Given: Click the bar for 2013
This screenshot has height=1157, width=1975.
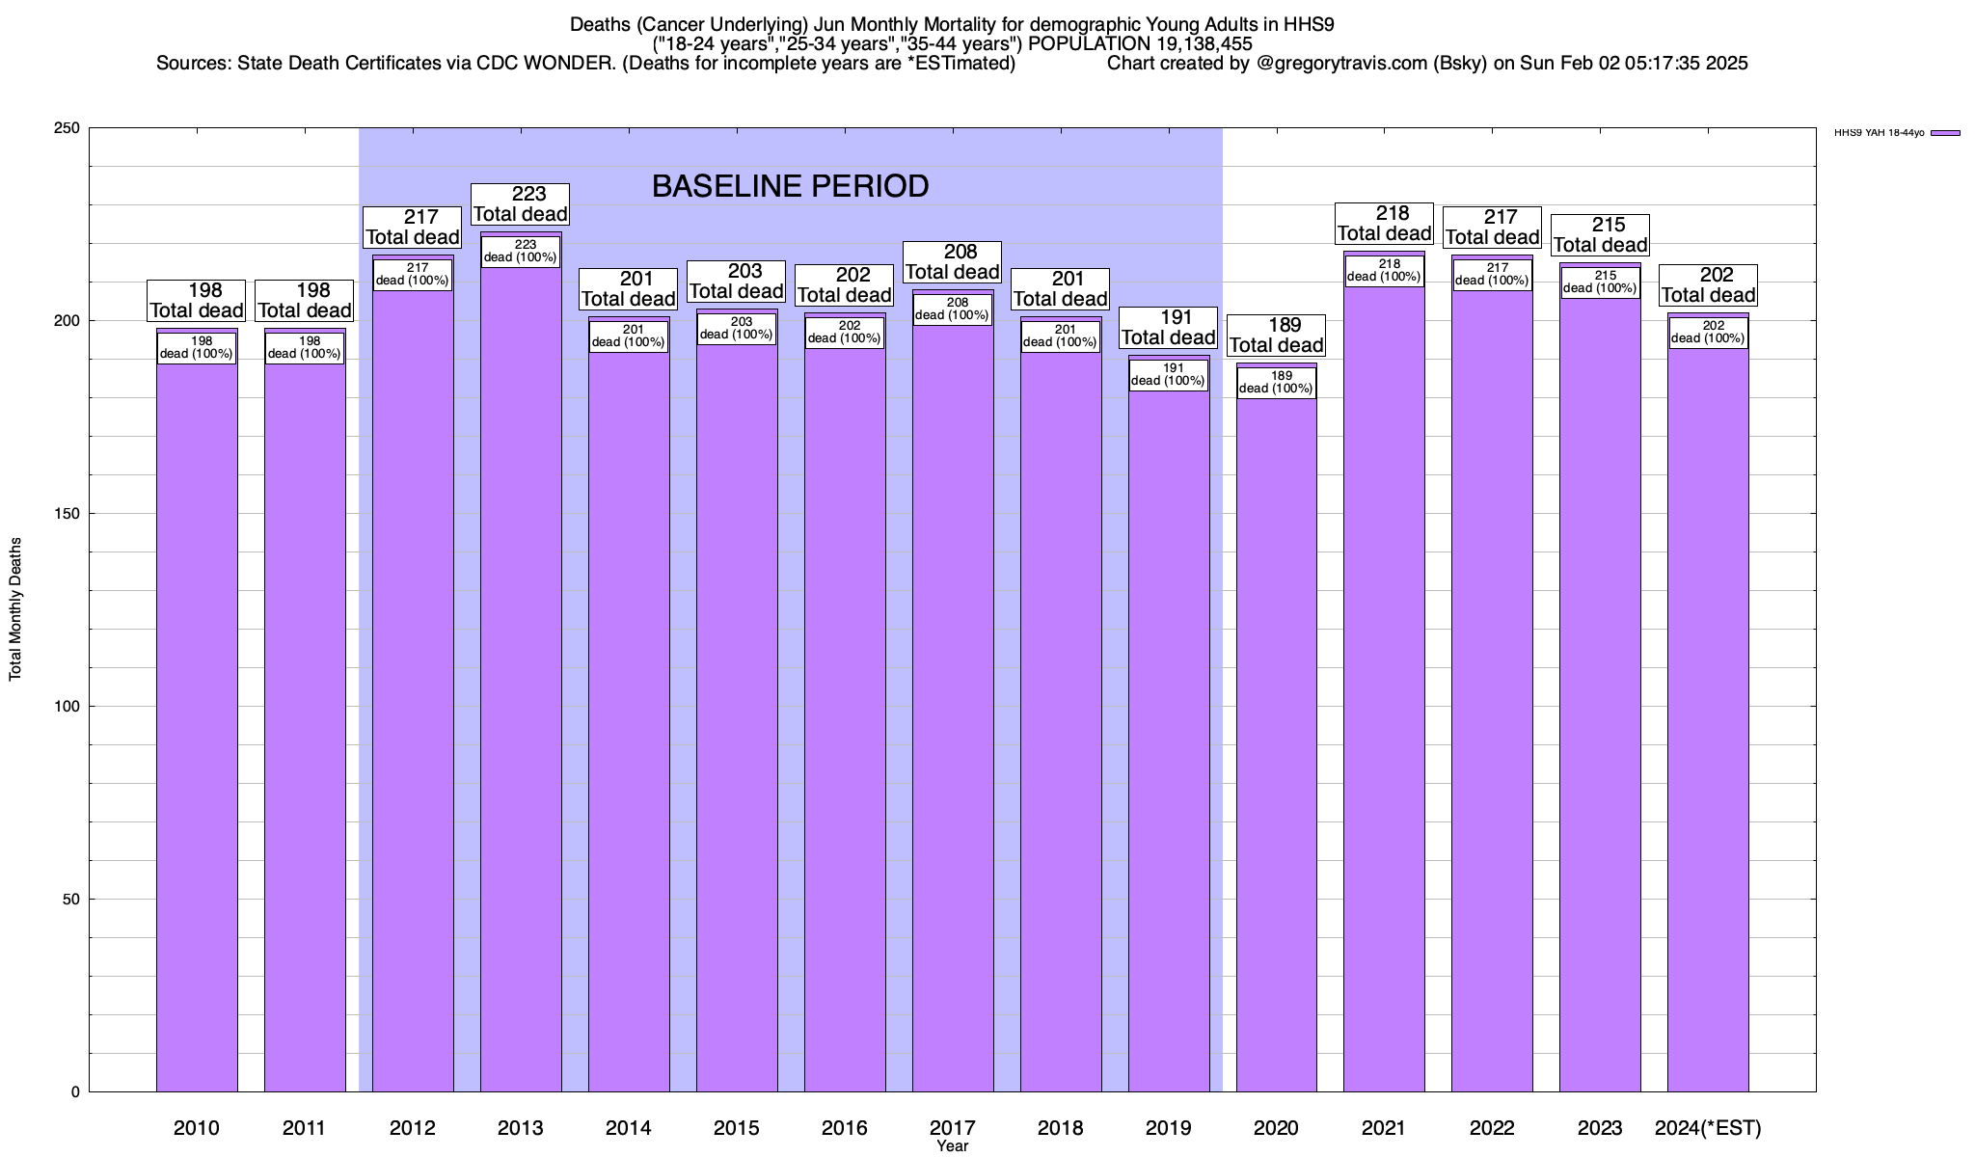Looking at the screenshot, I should pos(521,675).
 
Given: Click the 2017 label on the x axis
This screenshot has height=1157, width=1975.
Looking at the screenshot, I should pos(953,1127).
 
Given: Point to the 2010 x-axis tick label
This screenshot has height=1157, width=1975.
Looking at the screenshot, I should pos(197,1127).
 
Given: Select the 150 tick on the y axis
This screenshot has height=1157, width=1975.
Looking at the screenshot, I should pos(68,514).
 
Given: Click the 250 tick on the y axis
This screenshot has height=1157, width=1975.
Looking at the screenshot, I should pos(68,128).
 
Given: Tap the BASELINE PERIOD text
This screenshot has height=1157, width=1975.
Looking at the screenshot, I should pos(790,186).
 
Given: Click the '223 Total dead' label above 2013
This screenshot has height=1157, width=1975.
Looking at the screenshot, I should pos(521,204).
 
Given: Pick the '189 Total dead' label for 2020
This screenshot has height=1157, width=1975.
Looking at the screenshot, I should pos(1277,336).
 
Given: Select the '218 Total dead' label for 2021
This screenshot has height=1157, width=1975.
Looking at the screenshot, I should pos(1385,224).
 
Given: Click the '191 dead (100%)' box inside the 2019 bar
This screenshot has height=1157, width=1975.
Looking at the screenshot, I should pos(1168,375).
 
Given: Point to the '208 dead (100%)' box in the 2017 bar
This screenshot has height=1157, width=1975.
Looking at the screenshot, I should pos(952,309).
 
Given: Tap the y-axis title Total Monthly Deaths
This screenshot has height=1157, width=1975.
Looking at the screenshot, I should pos(15,609).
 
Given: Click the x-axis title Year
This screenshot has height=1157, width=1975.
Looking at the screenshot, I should pos(953,1146).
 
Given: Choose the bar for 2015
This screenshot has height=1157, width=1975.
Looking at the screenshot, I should pos(737,713).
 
